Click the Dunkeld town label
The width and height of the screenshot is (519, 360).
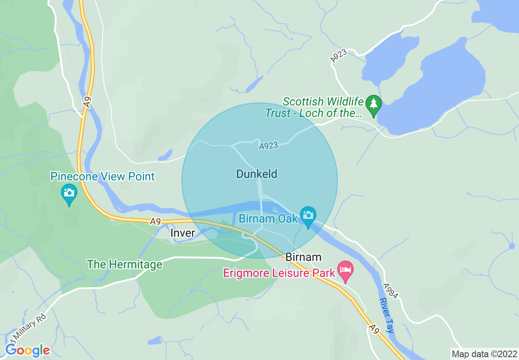tap(257, 174)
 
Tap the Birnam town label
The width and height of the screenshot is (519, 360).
tap(303, 257)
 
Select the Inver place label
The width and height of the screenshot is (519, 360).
tap(183, 233)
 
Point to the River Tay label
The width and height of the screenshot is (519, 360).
tap(386, 315)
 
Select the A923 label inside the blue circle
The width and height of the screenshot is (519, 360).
tap(269, 146)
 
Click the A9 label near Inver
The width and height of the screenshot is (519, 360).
tap(155, 221)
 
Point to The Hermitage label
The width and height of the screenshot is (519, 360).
tap(124, 264)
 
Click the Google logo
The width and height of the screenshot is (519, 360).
tap(27, 350)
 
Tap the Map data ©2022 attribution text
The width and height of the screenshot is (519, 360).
tap(484, 354)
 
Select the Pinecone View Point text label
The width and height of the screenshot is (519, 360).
tap(102, 177)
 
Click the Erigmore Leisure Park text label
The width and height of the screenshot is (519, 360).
tap(279, 273)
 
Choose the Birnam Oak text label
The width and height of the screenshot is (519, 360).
tap(268, 218)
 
